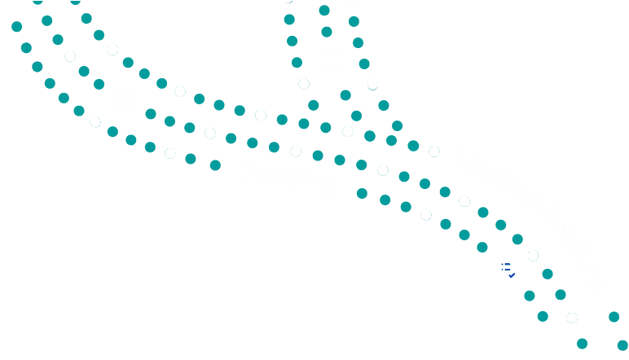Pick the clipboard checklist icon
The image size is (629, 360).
[508, 268]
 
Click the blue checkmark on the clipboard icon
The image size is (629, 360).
[512, 275]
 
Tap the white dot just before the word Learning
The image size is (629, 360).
[434, 151]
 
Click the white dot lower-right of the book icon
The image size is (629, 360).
[372, 83]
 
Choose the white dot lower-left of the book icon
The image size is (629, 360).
[304, 83]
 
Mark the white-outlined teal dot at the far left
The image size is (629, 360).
[37, 66]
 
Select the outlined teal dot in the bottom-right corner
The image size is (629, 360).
[622, 345]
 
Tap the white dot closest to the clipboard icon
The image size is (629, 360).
[533, 255]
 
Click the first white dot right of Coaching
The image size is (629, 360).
[383, 169]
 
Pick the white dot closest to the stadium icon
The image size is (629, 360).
[95, 121]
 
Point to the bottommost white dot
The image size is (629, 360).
[572, 317]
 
